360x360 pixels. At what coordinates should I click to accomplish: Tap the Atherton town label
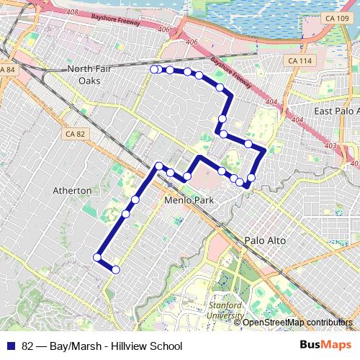72,191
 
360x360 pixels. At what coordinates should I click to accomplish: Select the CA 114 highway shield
300,61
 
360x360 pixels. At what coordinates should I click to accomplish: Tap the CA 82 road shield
75,134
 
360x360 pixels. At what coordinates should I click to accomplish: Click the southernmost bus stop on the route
115,270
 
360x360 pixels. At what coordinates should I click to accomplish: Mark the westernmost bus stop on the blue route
97,257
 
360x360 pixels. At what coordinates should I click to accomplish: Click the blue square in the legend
12,346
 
